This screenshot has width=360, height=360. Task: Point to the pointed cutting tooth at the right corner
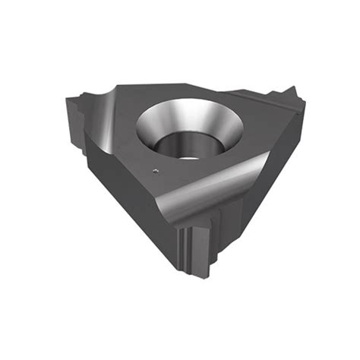(x=292, y=97)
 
